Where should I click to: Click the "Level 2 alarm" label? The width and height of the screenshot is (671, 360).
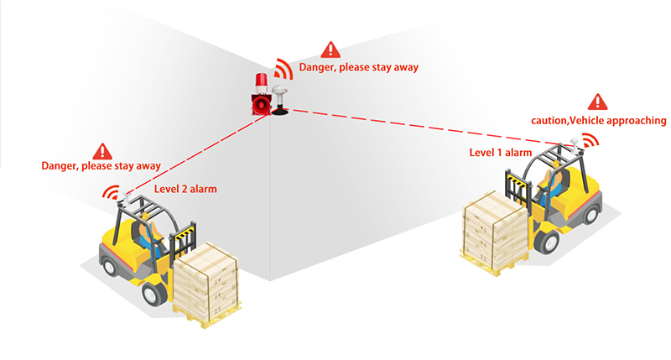point(185,189)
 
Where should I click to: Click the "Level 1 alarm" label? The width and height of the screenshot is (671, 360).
point(501,152)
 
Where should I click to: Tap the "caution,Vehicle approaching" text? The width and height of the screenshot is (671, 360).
point(598,121)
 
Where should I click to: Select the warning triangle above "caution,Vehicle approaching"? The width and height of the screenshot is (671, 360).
point(598,101)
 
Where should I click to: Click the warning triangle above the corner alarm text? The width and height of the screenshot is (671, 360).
point(332,50)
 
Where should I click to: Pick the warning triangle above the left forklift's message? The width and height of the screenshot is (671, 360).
point(102,151)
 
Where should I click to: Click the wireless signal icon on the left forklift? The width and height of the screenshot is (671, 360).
point(111,191)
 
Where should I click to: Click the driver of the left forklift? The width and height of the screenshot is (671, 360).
point(151,231)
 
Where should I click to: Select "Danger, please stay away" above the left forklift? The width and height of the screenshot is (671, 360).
point(101,166)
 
